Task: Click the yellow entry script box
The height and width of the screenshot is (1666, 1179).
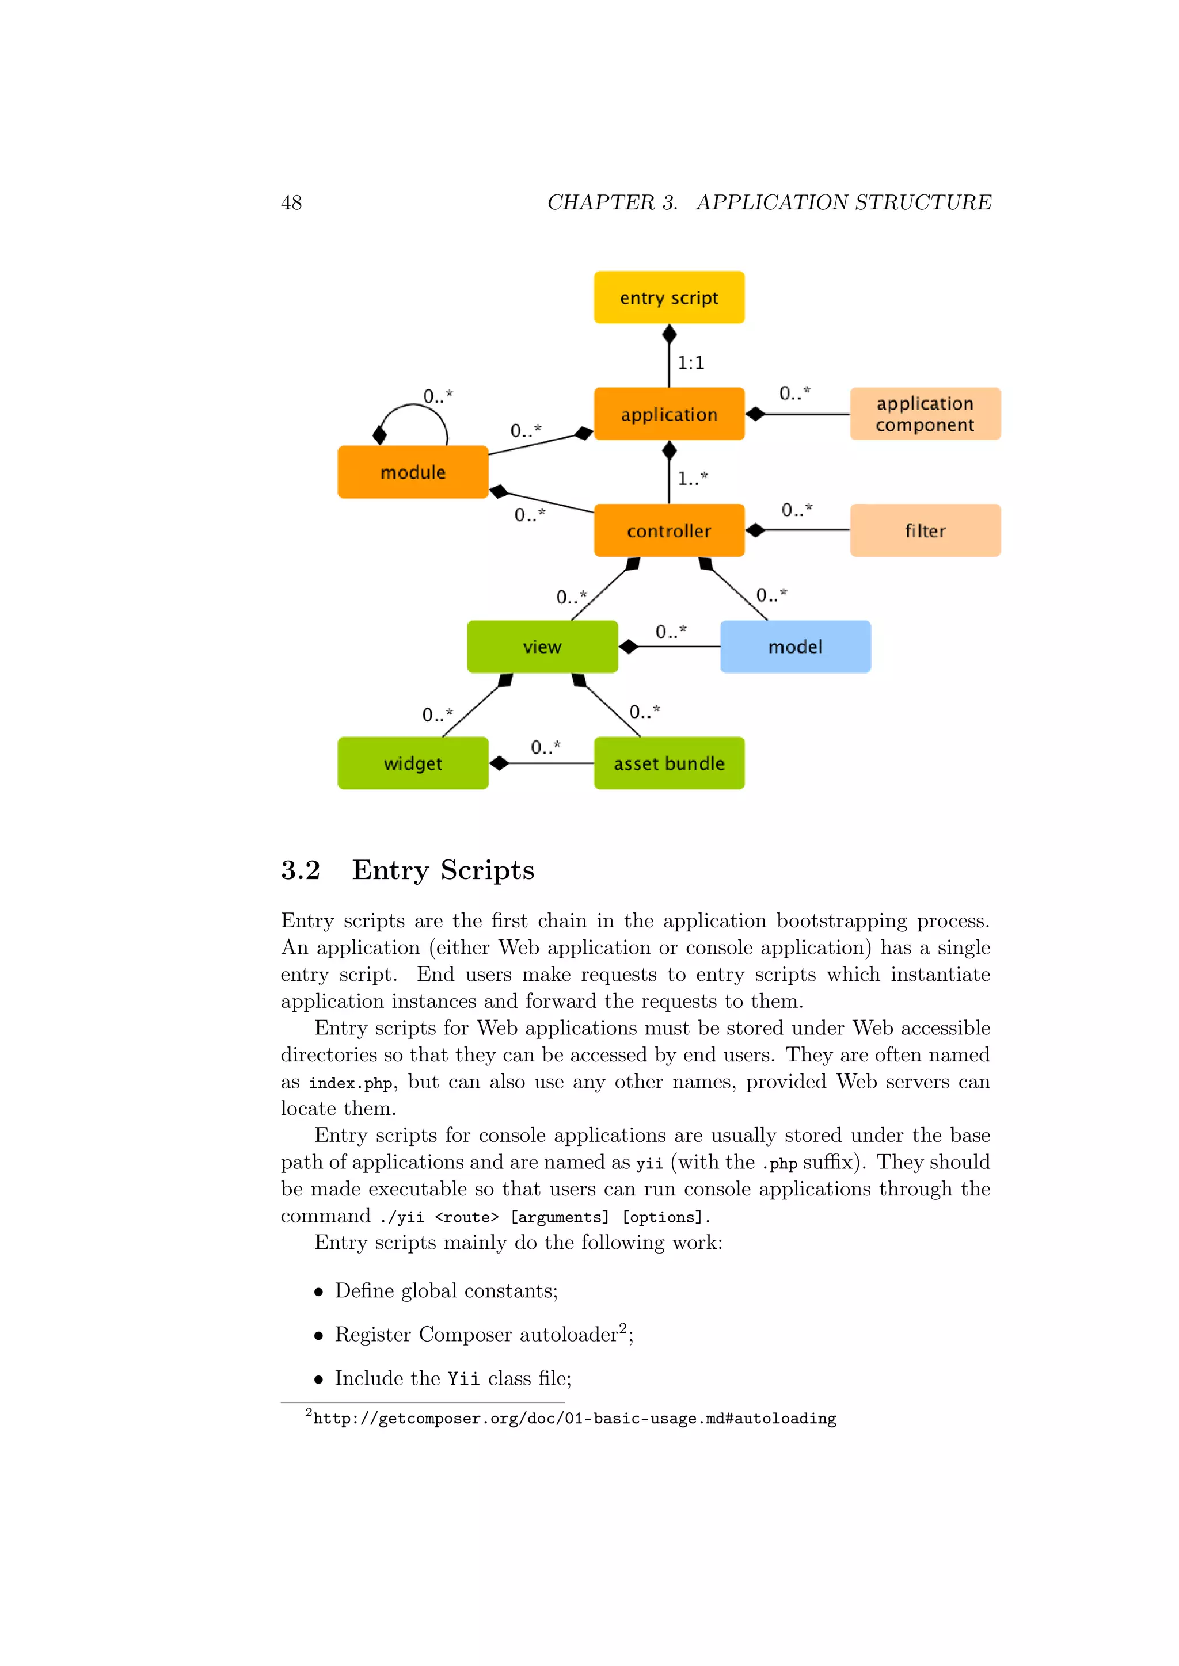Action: click(668, 297)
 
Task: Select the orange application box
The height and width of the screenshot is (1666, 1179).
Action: click(668, 414)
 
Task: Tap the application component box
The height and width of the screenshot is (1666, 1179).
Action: click(925, 414)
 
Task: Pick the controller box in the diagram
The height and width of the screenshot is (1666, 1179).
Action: click(668, 530)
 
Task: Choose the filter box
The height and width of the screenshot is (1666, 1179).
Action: click(925, 530)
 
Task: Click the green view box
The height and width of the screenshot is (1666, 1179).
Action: click(542, 647)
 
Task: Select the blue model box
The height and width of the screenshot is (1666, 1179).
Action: click(795, 647)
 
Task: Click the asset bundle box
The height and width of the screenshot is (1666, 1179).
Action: click(668, 763)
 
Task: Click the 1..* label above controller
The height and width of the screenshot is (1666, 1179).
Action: click(692, 478)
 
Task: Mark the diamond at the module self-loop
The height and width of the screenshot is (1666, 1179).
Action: click(379, 435)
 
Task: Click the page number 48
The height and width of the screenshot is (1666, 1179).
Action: click(291, 202)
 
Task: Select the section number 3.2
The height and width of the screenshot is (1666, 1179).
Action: click(301, 870)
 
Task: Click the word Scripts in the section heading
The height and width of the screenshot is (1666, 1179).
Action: click(487, 870)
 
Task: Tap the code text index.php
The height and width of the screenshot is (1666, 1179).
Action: click(351, 1083)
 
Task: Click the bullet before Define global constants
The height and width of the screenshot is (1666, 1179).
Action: click(318, 1291)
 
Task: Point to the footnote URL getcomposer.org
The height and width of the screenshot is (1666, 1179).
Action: click(575, 1419)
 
